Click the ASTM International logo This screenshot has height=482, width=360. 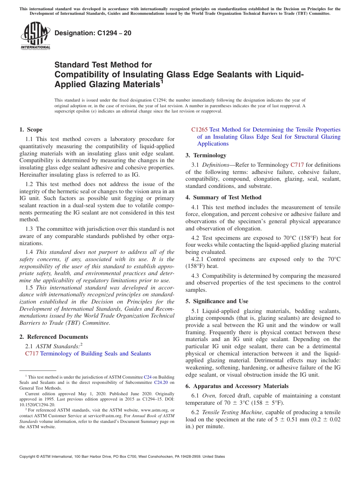point(35,36)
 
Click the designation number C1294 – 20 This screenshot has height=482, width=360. point(93,33)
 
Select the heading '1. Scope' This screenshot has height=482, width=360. point(31,130)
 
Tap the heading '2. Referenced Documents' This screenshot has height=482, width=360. point(54,336)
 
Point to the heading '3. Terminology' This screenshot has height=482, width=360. point(206,155)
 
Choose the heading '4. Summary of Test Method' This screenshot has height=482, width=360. point(223,197)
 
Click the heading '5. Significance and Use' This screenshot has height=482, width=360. point(217,301)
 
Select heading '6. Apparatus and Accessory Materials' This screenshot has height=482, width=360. point(236,386)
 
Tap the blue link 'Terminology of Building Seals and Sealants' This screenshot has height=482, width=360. point(95,353)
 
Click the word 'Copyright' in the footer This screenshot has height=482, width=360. point(28,457)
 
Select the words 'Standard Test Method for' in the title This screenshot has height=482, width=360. point(103,65)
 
